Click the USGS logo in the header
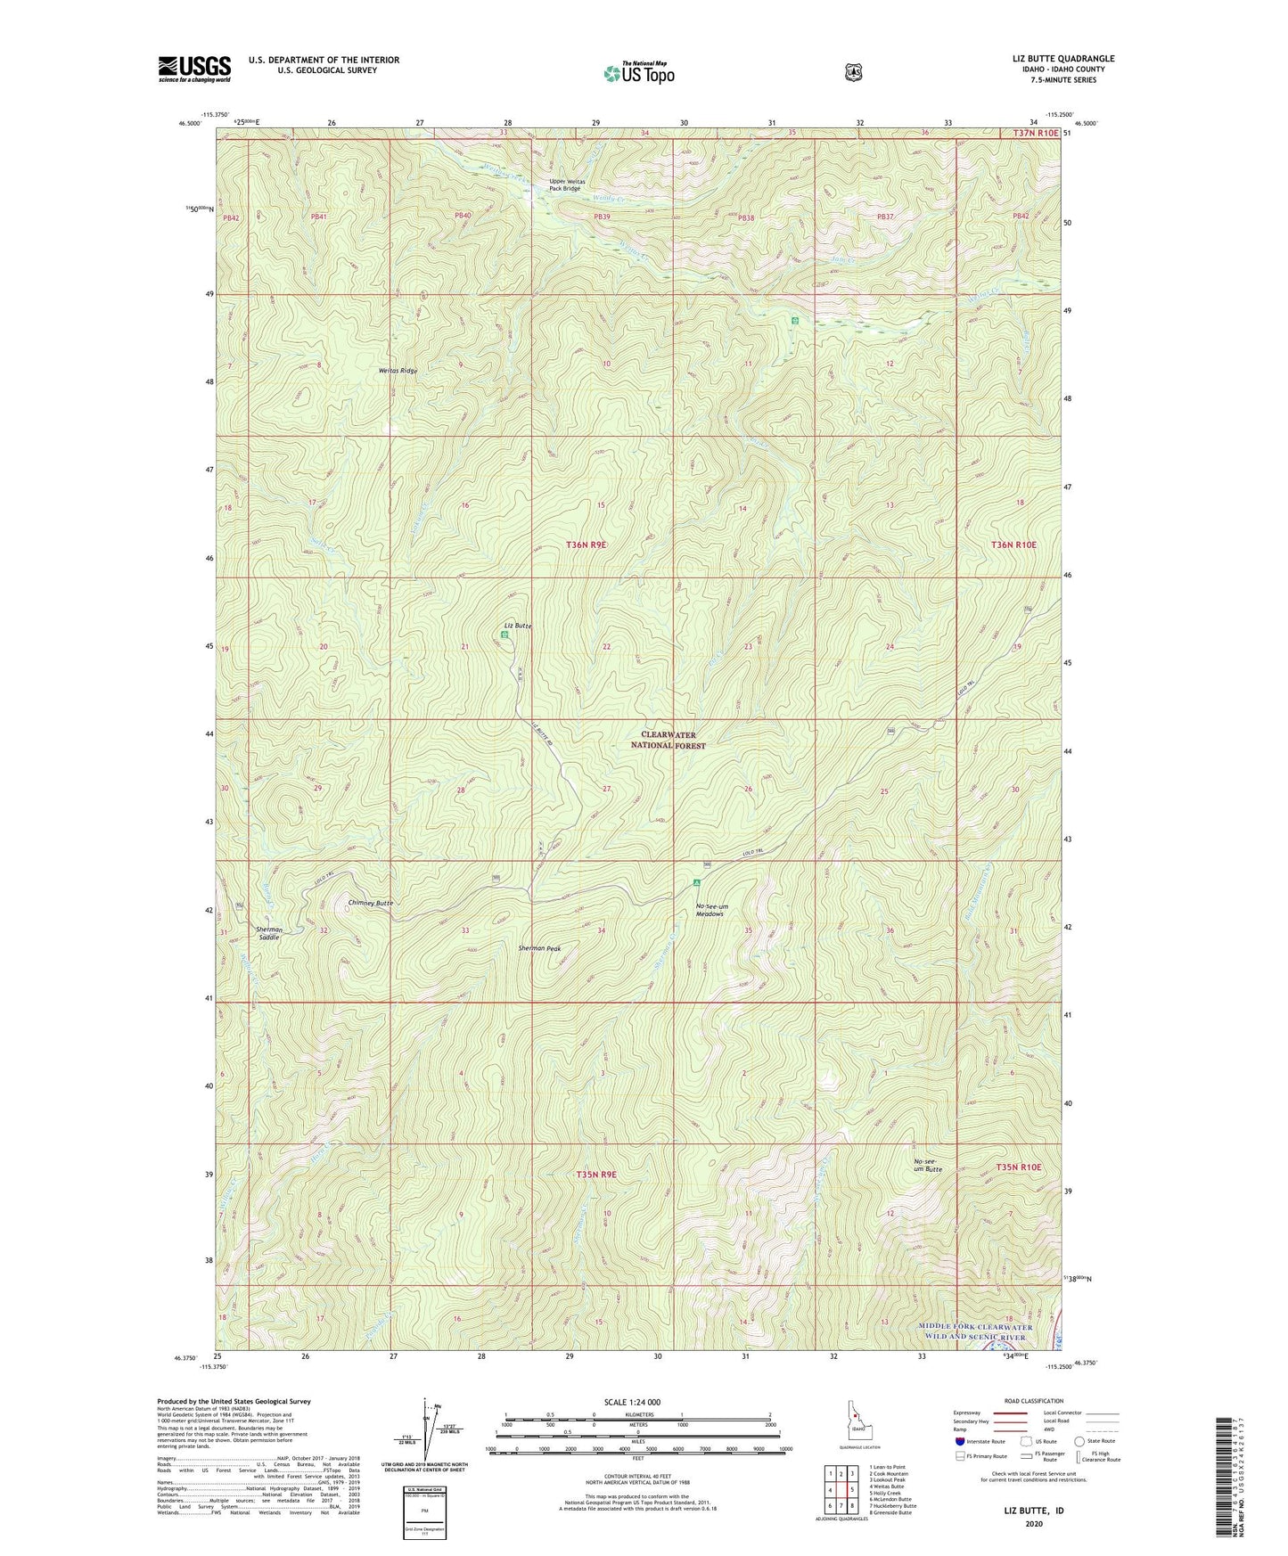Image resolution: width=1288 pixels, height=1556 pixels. (x=194, y=69)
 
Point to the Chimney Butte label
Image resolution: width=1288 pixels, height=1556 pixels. (x=371, y=903)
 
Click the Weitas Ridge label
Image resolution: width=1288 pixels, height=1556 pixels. (x=398, y=370)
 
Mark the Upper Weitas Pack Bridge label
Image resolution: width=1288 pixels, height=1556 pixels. (x=564, y=185)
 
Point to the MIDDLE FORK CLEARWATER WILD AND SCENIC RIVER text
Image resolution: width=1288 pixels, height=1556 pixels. (x=975, y=1331)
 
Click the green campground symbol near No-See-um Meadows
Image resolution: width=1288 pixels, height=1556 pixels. (x=697, y=882)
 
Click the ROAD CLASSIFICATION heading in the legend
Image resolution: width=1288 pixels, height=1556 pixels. (x=1032, y=1401)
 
